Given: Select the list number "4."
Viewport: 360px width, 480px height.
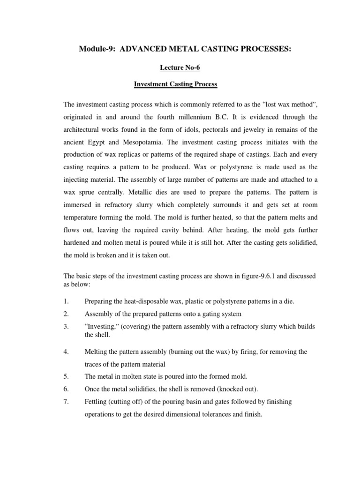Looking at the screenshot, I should [67, 352].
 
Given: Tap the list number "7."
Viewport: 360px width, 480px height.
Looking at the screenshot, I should [67, 402].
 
